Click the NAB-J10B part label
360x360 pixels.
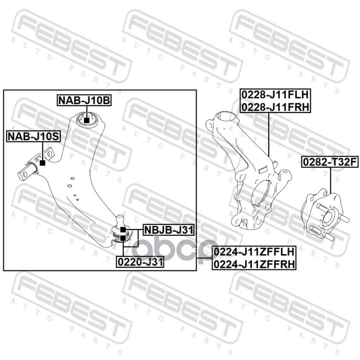(84, 100)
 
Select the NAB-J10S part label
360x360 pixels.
(33, 135)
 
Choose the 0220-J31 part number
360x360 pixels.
(140, 261)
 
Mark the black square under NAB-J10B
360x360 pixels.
(87, 120)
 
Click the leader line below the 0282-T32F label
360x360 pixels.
(331, 180)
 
